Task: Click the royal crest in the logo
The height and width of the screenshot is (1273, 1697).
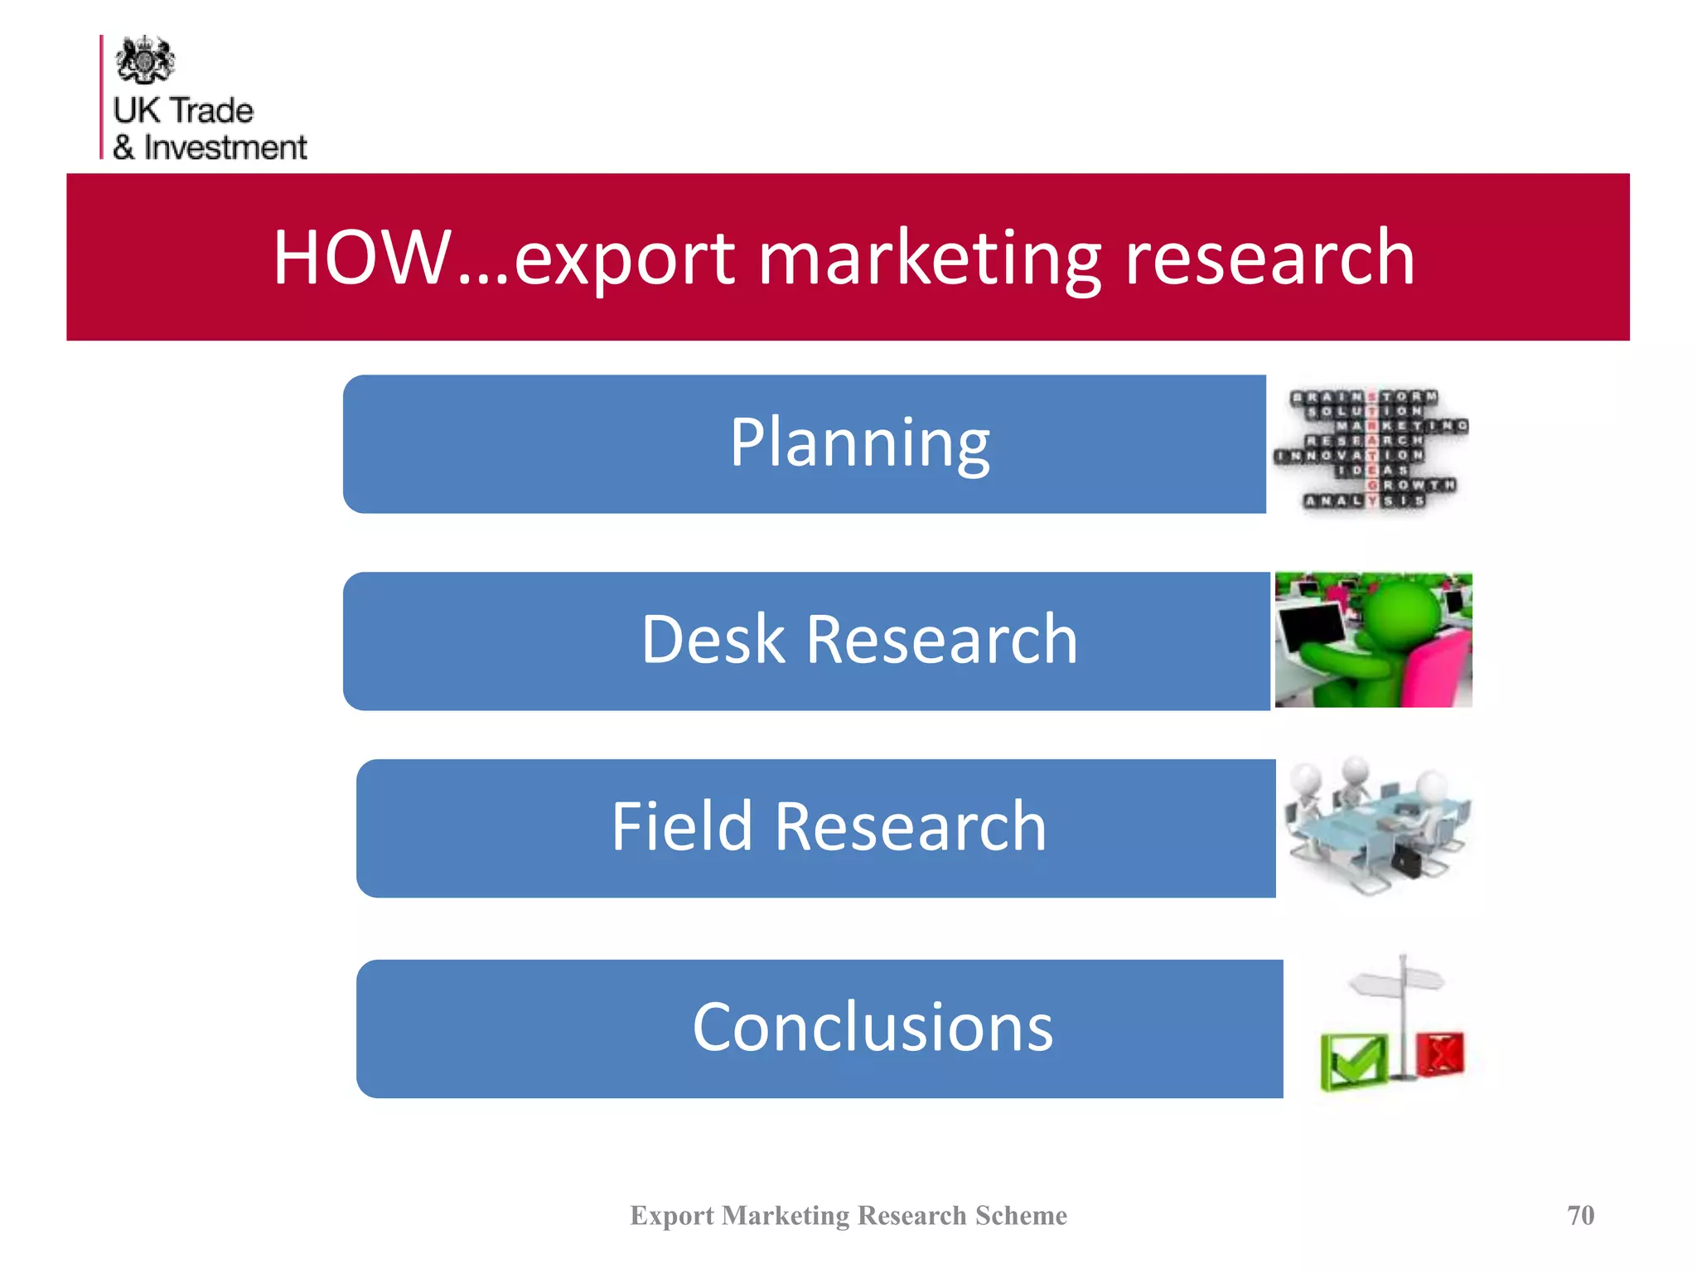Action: pyautogui.click(x=145, y=60)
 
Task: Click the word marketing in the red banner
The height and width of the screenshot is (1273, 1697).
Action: pyautogui.click(x=930, y=259)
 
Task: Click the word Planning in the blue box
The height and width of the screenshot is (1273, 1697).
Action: pyautogui.click(x=859, y=443)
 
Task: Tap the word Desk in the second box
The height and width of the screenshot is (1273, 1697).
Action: pyautogui.click(x=713, y=640)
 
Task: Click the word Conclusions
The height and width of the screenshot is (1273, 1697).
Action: pyautogui.click(x=873, y=1028)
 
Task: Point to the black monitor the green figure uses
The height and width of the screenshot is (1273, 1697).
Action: pyautogui.click(x=1312, y=634)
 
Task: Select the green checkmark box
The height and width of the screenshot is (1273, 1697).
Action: pyautogui.click(x=1352, y=1061)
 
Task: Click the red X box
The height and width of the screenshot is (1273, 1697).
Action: pyautogui.click(x=1440, y=1054)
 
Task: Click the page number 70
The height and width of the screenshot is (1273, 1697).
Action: pyautogui.click(x=1580, y=1215)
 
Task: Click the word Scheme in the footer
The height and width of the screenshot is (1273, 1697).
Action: pyautogui.click(x=1021, y=1215)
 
